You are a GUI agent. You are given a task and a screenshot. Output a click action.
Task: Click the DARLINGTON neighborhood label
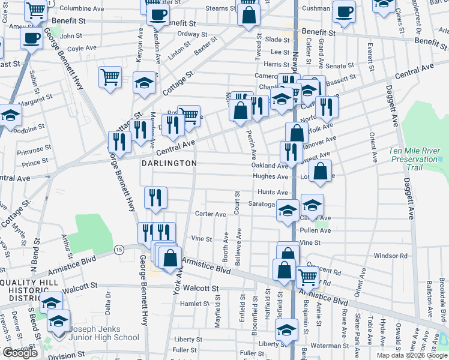coord(169,163)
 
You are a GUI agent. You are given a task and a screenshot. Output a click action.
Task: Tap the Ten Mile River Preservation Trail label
coord(414,159)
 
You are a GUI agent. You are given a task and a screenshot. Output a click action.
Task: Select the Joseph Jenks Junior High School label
coord(105,334)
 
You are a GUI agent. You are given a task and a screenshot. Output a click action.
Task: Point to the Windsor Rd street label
coord(390,256)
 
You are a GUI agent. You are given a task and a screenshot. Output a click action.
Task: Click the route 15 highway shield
coord(119,249)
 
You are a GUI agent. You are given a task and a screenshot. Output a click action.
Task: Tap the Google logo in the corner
coord(20,353)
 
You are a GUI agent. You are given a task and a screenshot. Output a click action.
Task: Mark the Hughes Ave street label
coord(271,177)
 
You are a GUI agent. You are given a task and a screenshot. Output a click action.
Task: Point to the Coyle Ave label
coord(83,48)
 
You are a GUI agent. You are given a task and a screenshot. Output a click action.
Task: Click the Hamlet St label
coord(194,304)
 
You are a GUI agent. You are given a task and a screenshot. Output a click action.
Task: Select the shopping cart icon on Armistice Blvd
coord(307,277)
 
